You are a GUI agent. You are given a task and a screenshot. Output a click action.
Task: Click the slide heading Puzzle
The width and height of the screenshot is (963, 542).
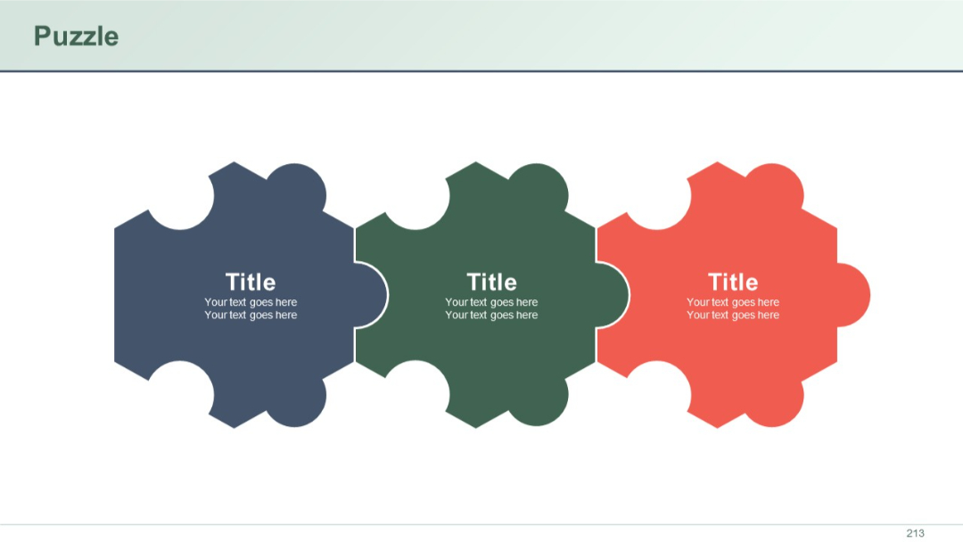point(76,36)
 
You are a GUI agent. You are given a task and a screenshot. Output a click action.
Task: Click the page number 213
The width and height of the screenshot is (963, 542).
point(915,533)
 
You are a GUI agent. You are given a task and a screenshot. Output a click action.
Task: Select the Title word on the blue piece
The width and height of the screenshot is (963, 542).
point(251,282)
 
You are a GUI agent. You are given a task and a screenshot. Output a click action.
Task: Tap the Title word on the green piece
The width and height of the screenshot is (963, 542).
point(491,282)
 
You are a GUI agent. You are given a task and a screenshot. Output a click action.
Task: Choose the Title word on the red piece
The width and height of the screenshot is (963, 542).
point(733,282)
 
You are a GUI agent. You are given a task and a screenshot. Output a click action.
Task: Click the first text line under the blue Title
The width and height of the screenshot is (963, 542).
point(251,302)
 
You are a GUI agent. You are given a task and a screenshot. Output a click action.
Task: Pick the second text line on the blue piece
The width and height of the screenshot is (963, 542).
point(251,315)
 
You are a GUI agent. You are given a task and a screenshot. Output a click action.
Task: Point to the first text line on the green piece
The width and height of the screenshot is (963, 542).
point(491,302)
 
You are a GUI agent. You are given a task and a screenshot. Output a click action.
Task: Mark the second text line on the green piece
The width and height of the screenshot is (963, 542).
point(491,315)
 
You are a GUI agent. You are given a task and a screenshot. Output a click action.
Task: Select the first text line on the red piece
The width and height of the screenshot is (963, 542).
point(733,302)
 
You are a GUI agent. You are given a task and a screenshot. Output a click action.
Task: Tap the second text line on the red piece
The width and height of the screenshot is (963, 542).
point(733,315)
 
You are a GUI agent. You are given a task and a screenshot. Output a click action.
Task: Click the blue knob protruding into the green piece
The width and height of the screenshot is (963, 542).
point(373,295)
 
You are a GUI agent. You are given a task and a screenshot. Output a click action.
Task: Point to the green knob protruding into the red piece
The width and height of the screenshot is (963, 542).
point(614,295)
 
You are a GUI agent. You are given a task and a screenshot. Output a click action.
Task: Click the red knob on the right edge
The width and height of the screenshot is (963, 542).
point(854,295)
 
